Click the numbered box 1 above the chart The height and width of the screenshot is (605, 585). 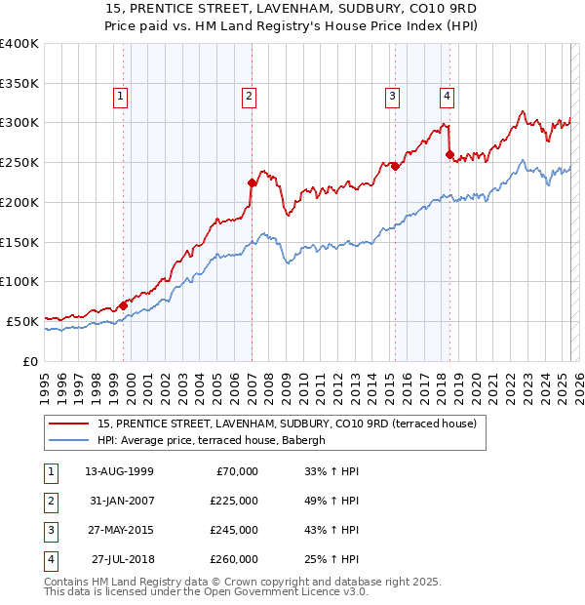click(x=120, y=96)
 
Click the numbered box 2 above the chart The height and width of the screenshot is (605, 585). click(x=250, y=96)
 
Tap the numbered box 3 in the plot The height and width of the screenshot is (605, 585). click(x=392, y=96)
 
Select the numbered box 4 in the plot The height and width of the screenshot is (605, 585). click(x=447, y=96)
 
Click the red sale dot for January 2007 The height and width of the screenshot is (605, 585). click(x=252, y=181)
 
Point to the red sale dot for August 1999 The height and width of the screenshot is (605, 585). click(x=124, y=304)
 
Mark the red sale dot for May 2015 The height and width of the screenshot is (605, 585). click(x=395, y=166)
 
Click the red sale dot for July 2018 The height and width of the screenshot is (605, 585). click(x=449, y=154)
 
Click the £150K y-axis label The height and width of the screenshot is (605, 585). click(x=19, y=241)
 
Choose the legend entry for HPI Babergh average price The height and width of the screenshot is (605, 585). click(x=214, y=440)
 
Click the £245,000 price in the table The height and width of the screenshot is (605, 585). click(x=234, y=531)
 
